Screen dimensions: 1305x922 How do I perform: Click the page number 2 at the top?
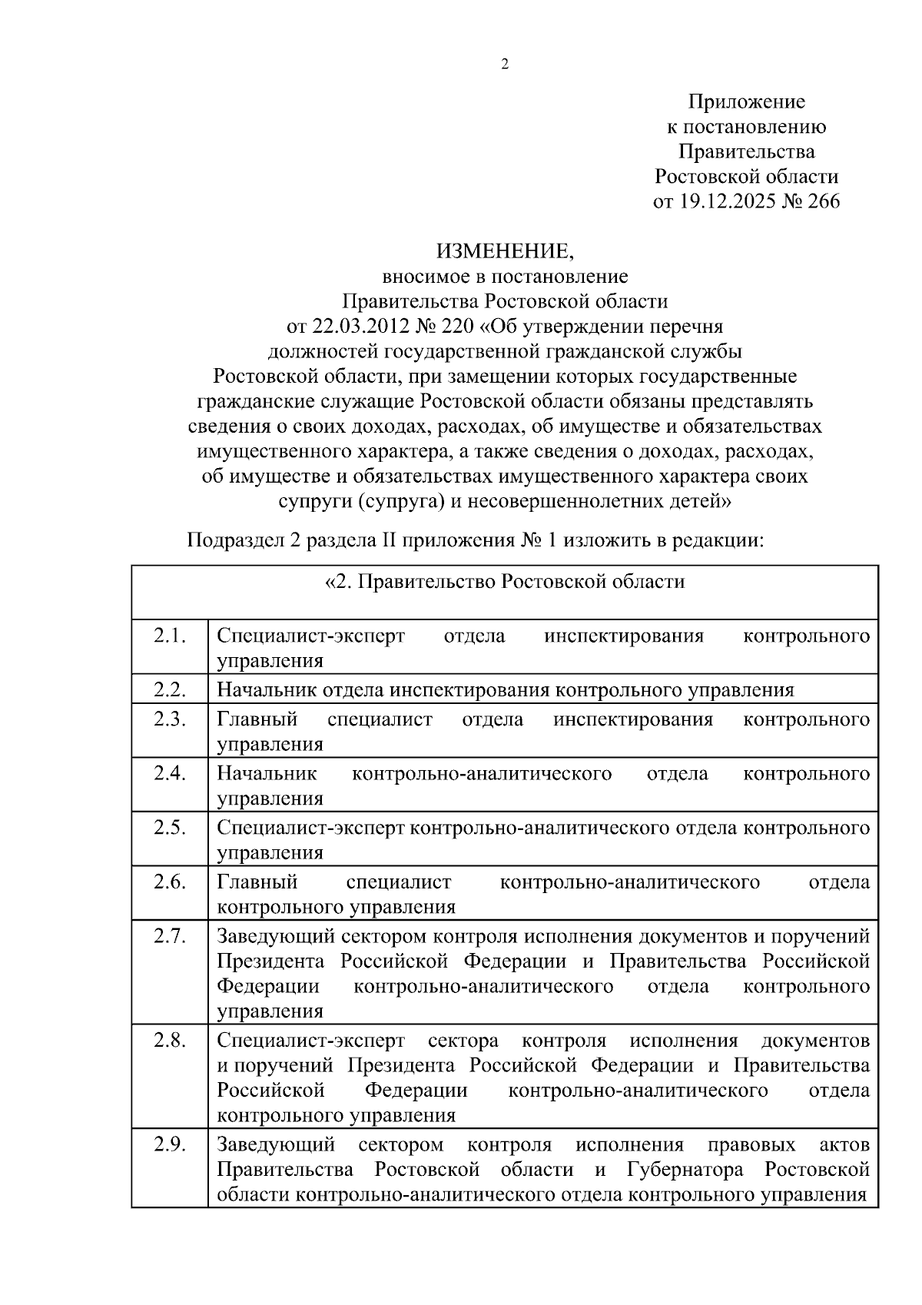pos(505,65)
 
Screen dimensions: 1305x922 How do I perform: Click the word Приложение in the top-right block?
pos(746,101)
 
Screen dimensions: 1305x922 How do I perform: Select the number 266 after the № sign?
pos(822,201)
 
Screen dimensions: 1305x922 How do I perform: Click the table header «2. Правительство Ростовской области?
pos(505,582)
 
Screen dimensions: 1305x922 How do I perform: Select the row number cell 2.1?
pos(170,636)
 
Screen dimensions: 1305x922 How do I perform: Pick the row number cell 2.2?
pos(170,689)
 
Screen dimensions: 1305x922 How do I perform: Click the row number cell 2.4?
pos(170,773)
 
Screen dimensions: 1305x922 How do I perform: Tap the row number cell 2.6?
pos(170,882)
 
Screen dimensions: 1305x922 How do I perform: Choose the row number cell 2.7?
pos(170,936)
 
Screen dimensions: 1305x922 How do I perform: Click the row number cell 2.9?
pos(170,1144)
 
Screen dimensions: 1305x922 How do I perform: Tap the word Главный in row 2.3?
pos(257,719)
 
